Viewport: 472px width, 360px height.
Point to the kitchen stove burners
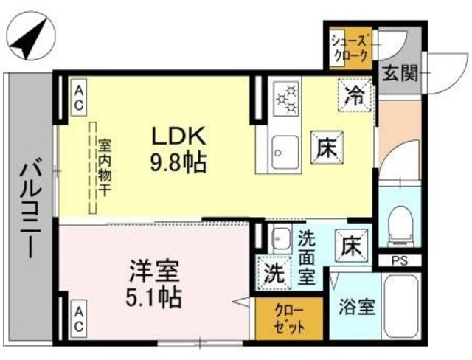(285, 100)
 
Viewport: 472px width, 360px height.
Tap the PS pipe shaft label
(399, 260)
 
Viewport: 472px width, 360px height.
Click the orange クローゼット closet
(289, 317)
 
